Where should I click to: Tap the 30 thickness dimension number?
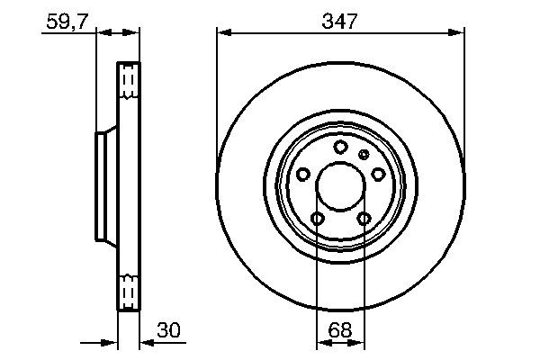click(168, 330)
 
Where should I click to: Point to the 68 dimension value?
click(339, 330)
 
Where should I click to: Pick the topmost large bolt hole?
click(340, 148)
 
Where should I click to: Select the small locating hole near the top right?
click(364, 155)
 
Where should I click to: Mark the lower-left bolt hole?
click(317, 219)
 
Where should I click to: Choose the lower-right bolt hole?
click(364, 219)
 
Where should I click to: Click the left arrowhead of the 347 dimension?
click(221, 33)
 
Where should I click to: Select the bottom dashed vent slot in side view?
click(130, 293)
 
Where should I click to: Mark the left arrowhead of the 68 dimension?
click(321, 343)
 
